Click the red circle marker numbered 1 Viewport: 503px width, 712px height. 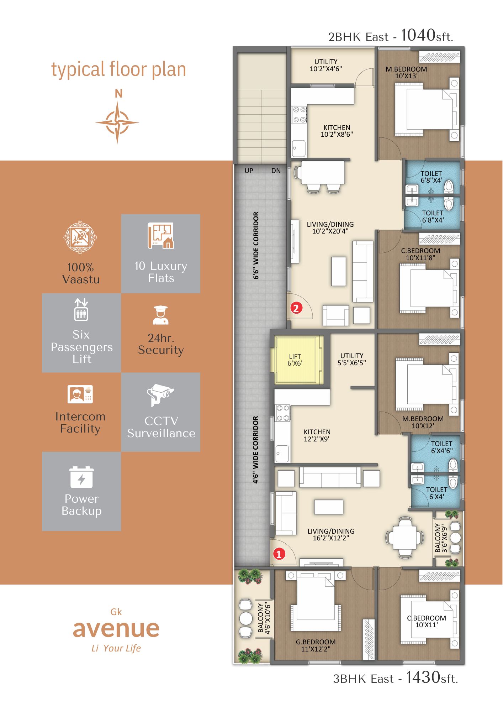coord(279,554)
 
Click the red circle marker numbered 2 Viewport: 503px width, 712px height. coord(296,308)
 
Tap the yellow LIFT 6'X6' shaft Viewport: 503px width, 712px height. coord(295,360)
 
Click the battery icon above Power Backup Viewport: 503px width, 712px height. coord(81,477)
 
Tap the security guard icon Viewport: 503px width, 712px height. coord(160,315)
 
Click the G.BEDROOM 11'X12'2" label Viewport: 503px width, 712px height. coord(316,645)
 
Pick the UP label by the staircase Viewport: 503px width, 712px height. coord(249,171)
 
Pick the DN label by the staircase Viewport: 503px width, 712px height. coord(276,171)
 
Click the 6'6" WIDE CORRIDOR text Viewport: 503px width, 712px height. coord(256,245)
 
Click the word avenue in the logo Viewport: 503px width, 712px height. coord(116,629)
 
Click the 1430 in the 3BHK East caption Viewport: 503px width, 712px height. coord(423,677)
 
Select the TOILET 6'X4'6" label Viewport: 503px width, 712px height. coord(441,447)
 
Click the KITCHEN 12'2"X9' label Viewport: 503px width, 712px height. coord(317,435)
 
